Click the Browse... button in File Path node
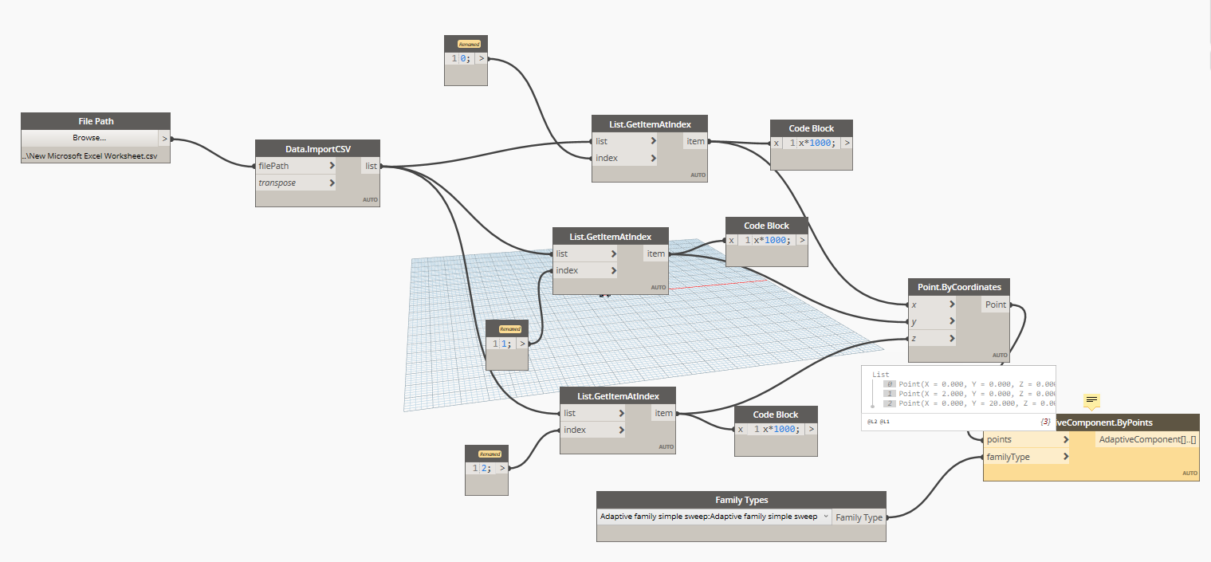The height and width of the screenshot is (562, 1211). tap(89, 138)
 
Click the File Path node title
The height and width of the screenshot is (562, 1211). tap(96, 121)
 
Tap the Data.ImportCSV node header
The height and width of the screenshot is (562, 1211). tap(317, 149)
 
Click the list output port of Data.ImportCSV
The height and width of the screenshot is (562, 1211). tap(371, 166)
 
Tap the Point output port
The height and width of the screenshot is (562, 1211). tap(996, 305)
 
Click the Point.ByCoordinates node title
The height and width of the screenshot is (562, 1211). tap(959, 287)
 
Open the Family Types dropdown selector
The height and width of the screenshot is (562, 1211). tap(714, 517)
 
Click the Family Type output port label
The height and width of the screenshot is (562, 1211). tap(859, 517)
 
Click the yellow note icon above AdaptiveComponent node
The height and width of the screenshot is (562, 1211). tap(1092, 400)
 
